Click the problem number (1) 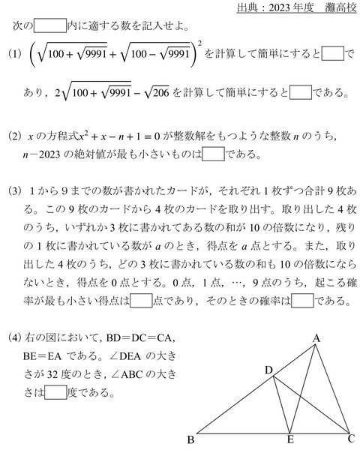(x=13, y=55)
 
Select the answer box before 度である (x=55, y=392)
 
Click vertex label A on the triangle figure (x=316, y=339)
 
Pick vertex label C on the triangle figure (x=351, y=439)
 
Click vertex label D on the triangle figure (x=268, y=370)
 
